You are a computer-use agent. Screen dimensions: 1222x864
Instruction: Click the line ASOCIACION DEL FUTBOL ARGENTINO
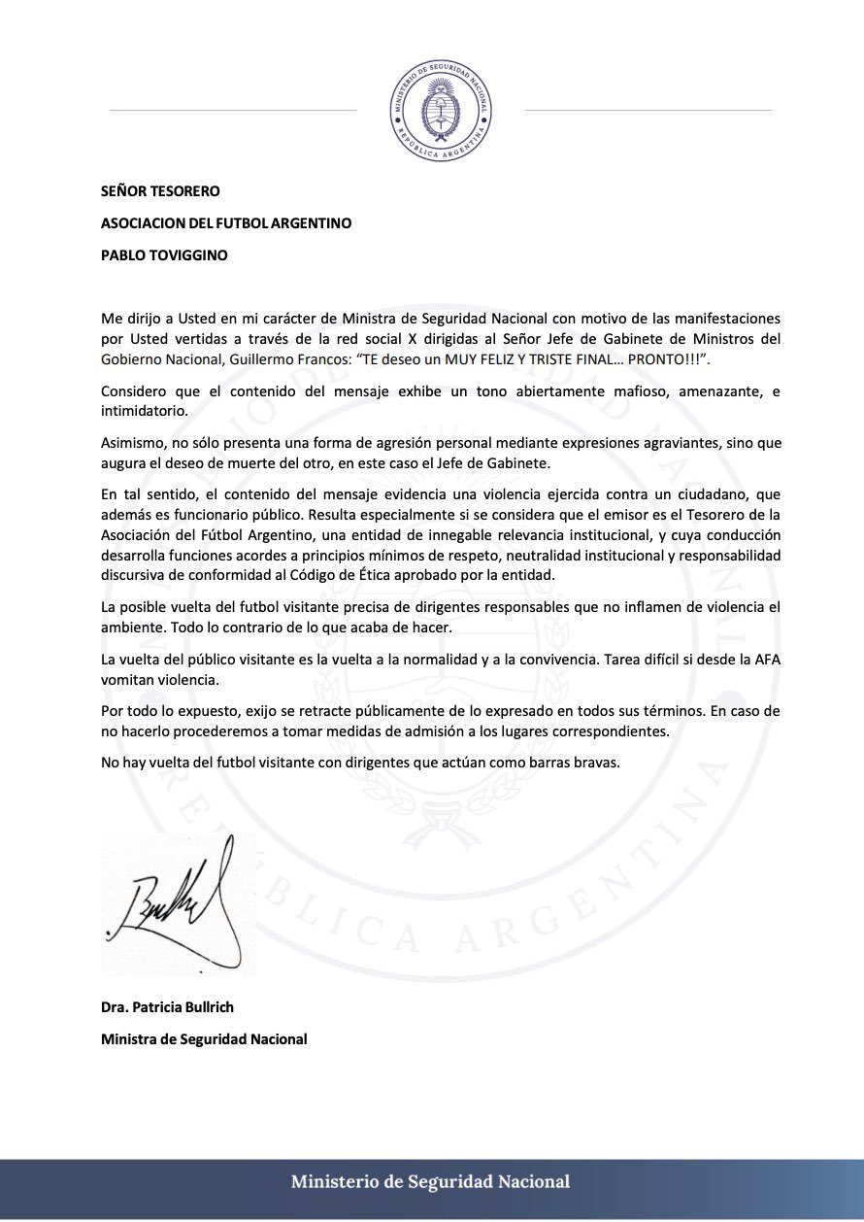tap(226, 222)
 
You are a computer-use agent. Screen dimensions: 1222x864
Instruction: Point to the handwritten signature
tap(175, 903)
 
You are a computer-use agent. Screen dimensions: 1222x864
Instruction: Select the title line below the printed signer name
tap(204, 1038)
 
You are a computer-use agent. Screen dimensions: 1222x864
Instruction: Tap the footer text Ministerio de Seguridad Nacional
tap(431, 1182)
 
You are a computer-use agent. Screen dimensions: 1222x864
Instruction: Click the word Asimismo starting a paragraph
tap(133, 441)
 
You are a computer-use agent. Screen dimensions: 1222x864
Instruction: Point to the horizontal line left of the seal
tap(233, 111)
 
